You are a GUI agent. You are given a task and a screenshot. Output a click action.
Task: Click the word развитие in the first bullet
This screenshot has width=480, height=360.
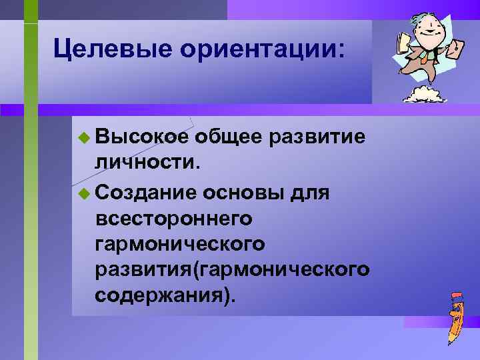320,137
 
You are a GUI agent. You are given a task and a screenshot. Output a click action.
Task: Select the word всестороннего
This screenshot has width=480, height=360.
174,218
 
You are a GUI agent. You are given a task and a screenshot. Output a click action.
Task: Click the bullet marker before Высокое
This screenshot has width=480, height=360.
83,138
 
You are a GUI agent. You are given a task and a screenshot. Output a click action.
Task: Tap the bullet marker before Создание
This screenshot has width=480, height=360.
83,194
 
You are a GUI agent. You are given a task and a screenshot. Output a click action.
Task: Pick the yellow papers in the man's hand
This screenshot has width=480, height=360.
403,43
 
